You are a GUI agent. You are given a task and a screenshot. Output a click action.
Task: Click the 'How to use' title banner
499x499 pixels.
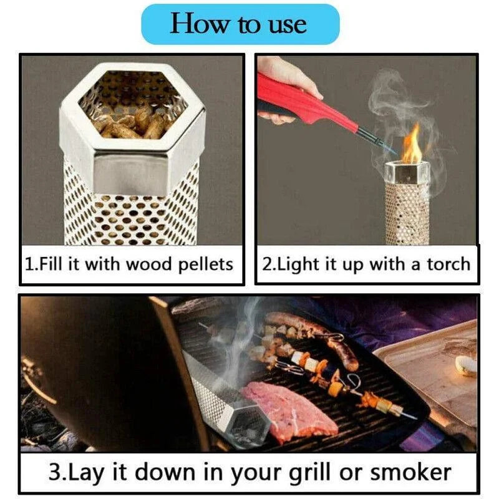(240, 24)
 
